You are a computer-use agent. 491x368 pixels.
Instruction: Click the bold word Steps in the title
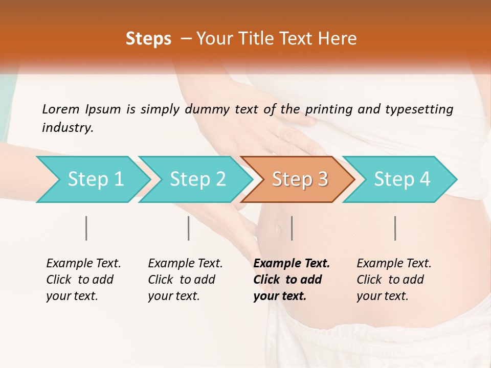click(x=148, y=39)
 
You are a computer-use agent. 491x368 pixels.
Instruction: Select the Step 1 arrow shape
click(x=92, y=179)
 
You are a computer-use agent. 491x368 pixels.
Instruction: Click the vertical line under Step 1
click(x=86, y=228)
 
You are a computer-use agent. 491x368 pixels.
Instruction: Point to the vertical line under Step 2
click(x=189, y=228)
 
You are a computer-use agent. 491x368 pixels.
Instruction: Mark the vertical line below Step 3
click(x=292, y=228)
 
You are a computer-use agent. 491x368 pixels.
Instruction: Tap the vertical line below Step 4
click(x=395, y=228)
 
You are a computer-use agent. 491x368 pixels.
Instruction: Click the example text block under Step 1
click(x=83, y=280)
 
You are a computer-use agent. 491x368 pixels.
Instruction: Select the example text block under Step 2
click(x=185, y=280)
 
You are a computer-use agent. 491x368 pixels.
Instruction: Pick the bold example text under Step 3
click(x=291, y=280)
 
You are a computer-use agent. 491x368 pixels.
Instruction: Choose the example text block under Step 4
click(x=394, y=280)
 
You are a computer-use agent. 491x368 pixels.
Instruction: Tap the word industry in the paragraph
click(x=68, y=128)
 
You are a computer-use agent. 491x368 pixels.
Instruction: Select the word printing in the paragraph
click(x=327, y=109)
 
